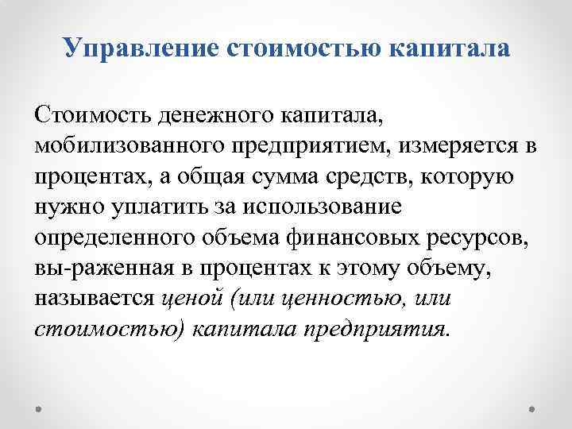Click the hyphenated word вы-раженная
click(x=95, y=268)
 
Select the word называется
click(x=94, y=298)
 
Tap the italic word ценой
click(x=191, y=298)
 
